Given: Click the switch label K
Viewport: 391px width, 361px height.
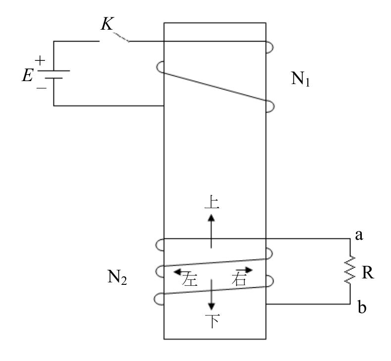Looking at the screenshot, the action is pos(107,24).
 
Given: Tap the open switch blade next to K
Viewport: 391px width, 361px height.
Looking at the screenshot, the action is pos(121,37).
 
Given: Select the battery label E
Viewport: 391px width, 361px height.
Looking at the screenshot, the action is pos(27,75).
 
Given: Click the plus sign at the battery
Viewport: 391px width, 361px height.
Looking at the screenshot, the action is pos(40,61).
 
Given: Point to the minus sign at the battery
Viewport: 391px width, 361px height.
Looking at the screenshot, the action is pos(42,88).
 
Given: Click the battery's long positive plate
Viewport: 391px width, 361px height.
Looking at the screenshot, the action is pos(53,71).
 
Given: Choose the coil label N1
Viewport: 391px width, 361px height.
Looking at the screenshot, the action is pos(300,79).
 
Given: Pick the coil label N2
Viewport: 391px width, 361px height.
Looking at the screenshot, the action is pos(117,277).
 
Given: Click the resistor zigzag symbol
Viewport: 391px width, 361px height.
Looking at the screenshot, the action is pos(350,270).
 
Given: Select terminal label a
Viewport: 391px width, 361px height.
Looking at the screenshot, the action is pos(359,235).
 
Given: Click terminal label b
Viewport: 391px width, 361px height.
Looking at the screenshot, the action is pos(362,307).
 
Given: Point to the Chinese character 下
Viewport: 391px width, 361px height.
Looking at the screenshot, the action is pos(212,321).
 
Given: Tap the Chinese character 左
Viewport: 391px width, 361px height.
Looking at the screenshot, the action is pos(190,279).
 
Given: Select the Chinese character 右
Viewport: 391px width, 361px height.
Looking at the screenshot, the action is pos(239,279).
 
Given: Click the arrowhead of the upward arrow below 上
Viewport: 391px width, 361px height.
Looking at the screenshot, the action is pos(211,218).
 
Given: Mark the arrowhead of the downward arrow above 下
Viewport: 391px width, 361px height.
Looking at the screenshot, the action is pos(212,307).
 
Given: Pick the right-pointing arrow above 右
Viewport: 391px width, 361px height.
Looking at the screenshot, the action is pos(244,270).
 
